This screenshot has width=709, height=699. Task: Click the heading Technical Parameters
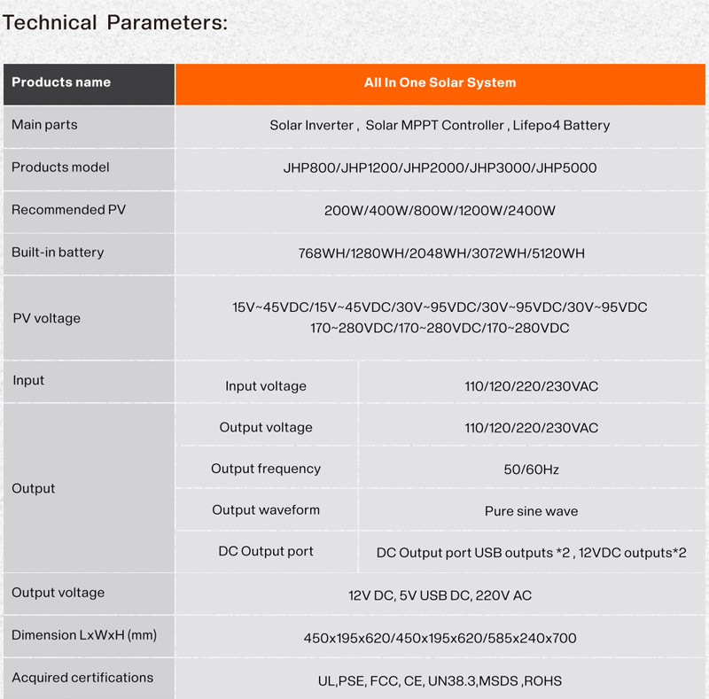coord(115,23)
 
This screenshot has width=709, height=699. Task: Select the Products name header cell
coord(61,82)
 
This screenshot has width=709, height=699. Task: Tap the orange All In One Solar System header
coord(440,82)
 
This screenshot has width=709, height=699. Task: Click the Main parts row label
coord(44,125)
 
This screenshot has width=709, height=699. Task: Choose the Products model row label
coord(60,167)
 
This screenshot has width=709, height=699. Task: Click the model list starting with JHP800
coord(440,168)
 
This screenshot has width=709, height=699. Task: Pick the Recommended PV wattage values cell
coord(440,211)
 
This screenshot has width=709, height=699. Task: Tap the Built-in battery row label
coord(58,252)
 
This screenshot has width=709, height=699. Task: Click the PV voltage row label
coord(46,319)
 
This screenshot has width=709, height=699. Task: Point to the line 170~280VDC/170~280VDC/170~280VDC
coord(440,329)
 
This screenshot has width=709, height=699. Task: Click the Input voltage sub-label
coord(266,386)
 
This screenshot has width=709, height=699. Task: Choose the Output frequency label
coord(266,469)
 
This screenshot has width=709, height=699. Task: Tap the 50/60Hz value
coord(531,470)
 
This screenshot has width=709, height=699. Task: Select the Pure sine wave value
coord(531,511)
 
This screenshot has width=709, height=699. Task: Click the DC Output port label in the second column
coord(266,551)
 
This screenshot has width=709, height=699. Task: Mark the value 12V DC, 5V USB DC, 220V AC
coord(440,595)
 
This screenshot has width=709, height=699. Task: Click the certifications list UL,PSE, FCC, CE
coord(440,681)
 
